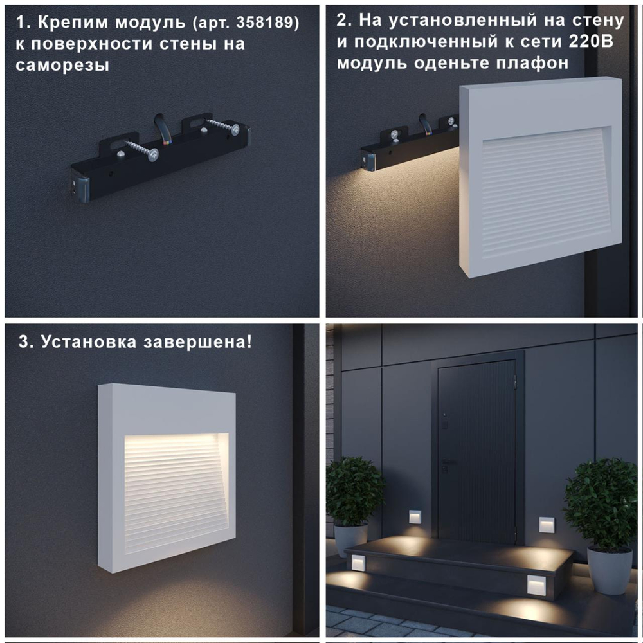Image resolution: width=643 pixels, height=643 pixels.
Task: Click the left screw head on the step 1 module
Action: point(153,155)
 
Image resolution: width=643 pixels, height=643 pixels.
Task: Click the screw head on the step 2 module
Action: point(394,135)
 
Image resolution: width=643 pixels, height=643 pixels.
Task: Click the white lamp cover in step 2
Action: point(540,177)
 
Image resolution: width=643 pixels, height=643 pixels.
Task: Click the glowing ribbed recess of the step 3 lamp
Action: point(175,489)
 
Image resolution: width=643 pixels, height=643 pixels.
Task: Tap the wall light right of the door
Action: point(547,524)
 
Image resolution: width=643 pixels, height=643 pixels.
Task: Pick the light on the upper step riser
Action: point(355,564)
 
